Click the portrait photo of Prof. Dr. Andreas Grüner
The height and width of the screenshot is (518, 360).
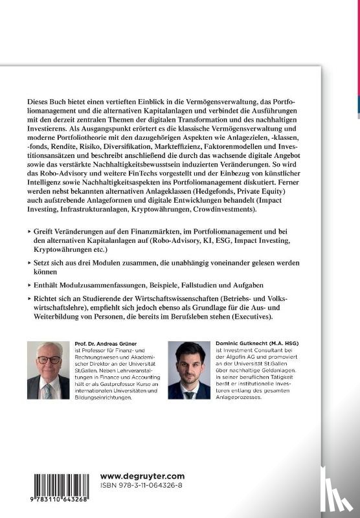(48, 370)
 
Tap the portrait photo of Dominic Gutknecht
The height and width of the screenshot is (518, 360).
(188, 370)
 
